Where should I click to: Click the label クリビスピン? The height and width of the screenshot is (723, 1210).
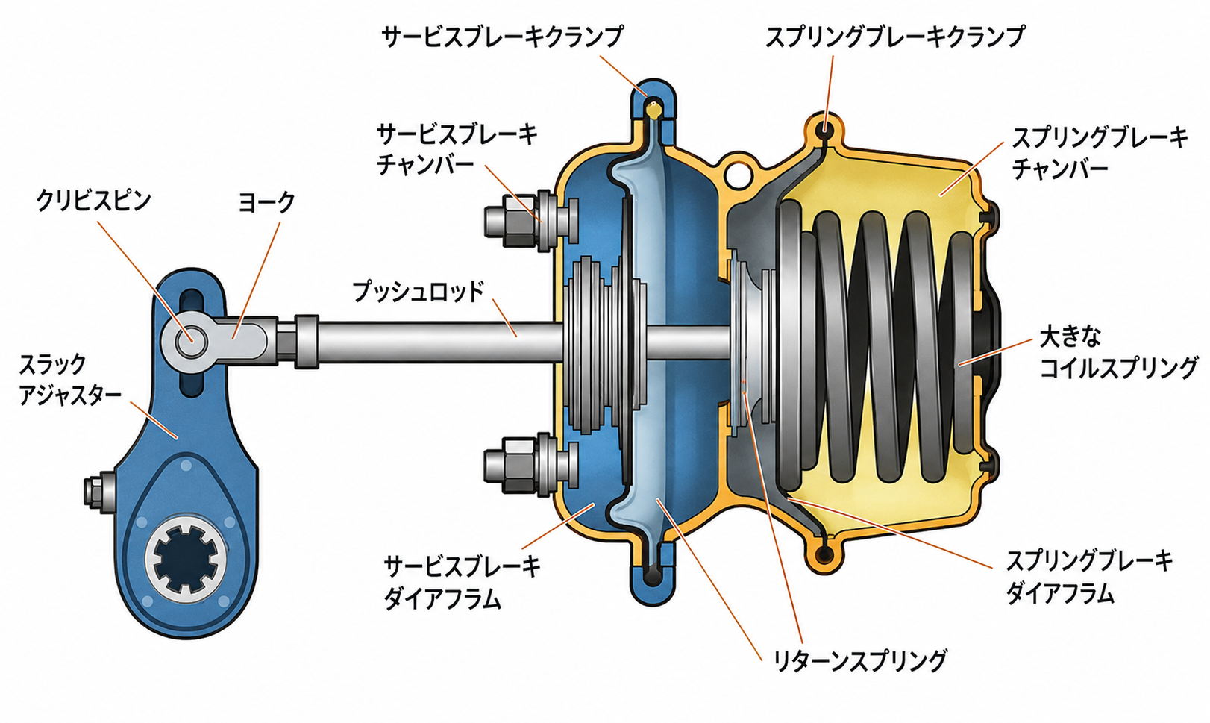point(93,201)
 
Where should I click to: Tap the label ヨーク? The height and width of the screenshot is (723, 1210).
point(266,202)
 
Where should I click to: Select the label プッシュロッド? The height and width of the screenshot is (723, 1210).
point(418,291)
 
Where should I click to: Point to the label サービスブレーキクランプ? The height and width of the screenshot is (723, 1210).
point(502,37)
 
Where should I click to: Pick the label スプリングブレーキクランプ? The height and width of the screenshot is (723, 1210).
point(895,37)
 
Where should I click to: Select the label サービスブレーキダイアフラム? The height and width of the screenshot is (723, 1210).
point(463,583)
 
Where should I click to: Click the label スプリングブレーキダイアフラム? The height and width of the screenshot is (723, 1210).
point(1089,578)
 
